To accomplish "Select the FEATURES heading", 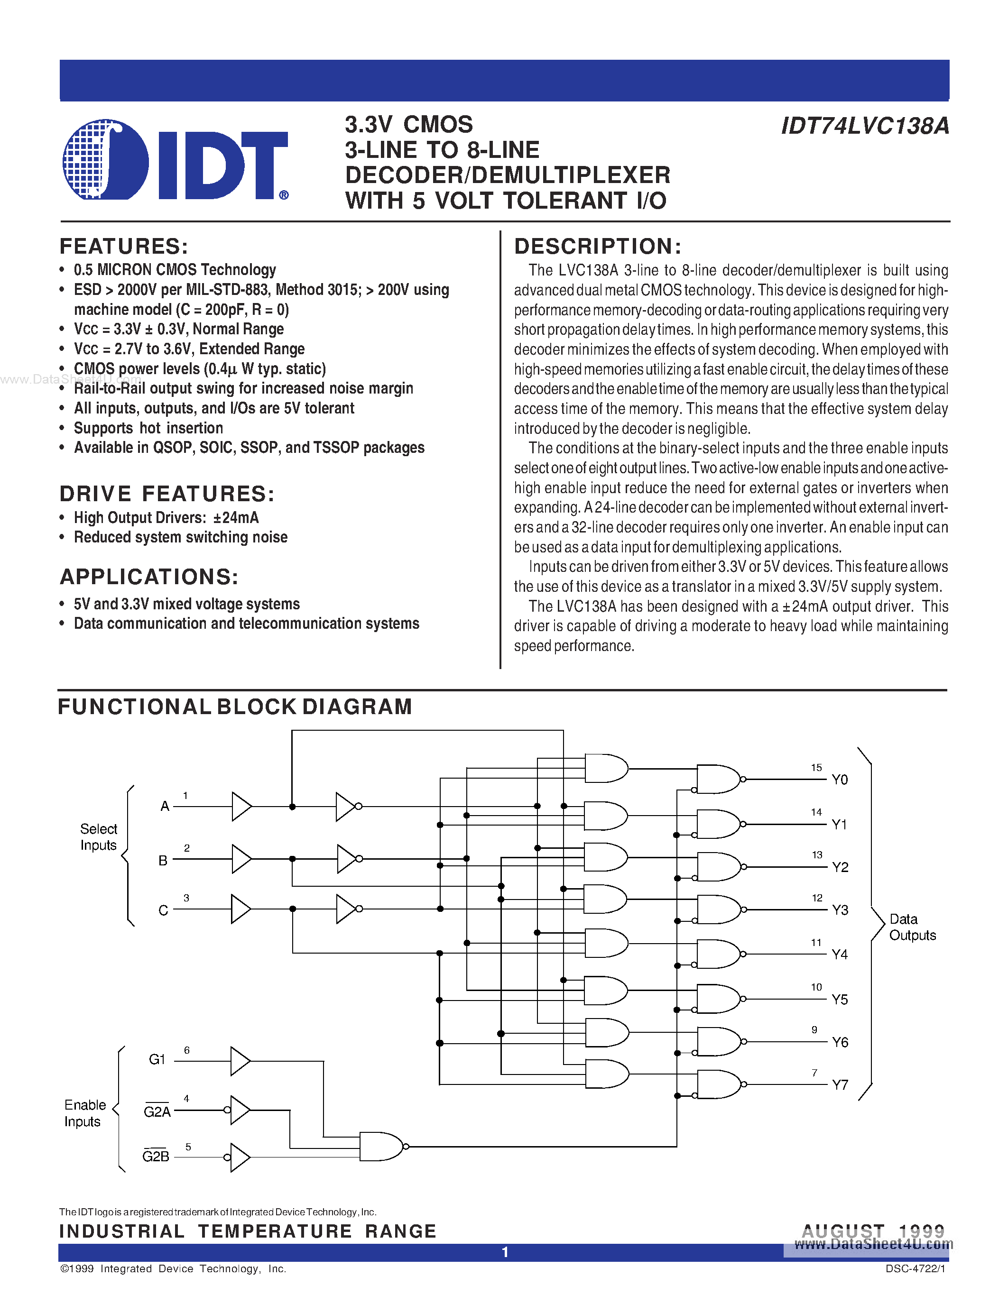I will pyautogui.click(x=124, y=247).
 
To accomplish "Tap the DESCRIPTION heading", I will pyautogui.click(x=598, y=247).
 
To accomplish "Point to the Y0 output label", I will pyautogui.click(x=840, y=780).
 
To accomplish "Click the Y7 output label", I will pyautogui.click(x=840, y=1085).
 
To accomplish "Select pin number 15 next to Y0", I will pyautogui.click(x=816, y=767).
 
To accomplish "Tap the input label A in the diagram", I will pyautogui.click(x=165, y=806).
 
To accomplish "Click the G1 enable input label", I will pyautogui.click(x=157, y=1059).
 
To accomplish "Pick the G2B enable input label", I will pyautogui.click(x=156, y=1157).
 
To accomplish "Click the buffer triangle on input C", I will pyautogui.click(x=240, y=909).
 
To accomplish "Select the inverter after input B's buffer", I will pyautogui.click(x=348, y=859).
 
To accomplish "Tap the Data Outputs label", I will pyautogui.click(x=912, y=927).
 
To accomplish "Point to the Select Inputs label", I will pyautogui.click(x=99, y=837).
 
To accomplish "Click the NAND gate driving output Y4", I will pyautogui.click(x=718, y=954).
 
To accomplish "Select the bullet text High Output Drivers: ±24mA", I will pyautogui.click(x=166, y=518).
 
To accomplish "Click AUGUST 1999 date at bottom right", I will pyautogui.click(x=872, y=1231).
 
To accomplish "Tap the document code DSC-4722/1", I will pyautogui.click(x=915, y=1269).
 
